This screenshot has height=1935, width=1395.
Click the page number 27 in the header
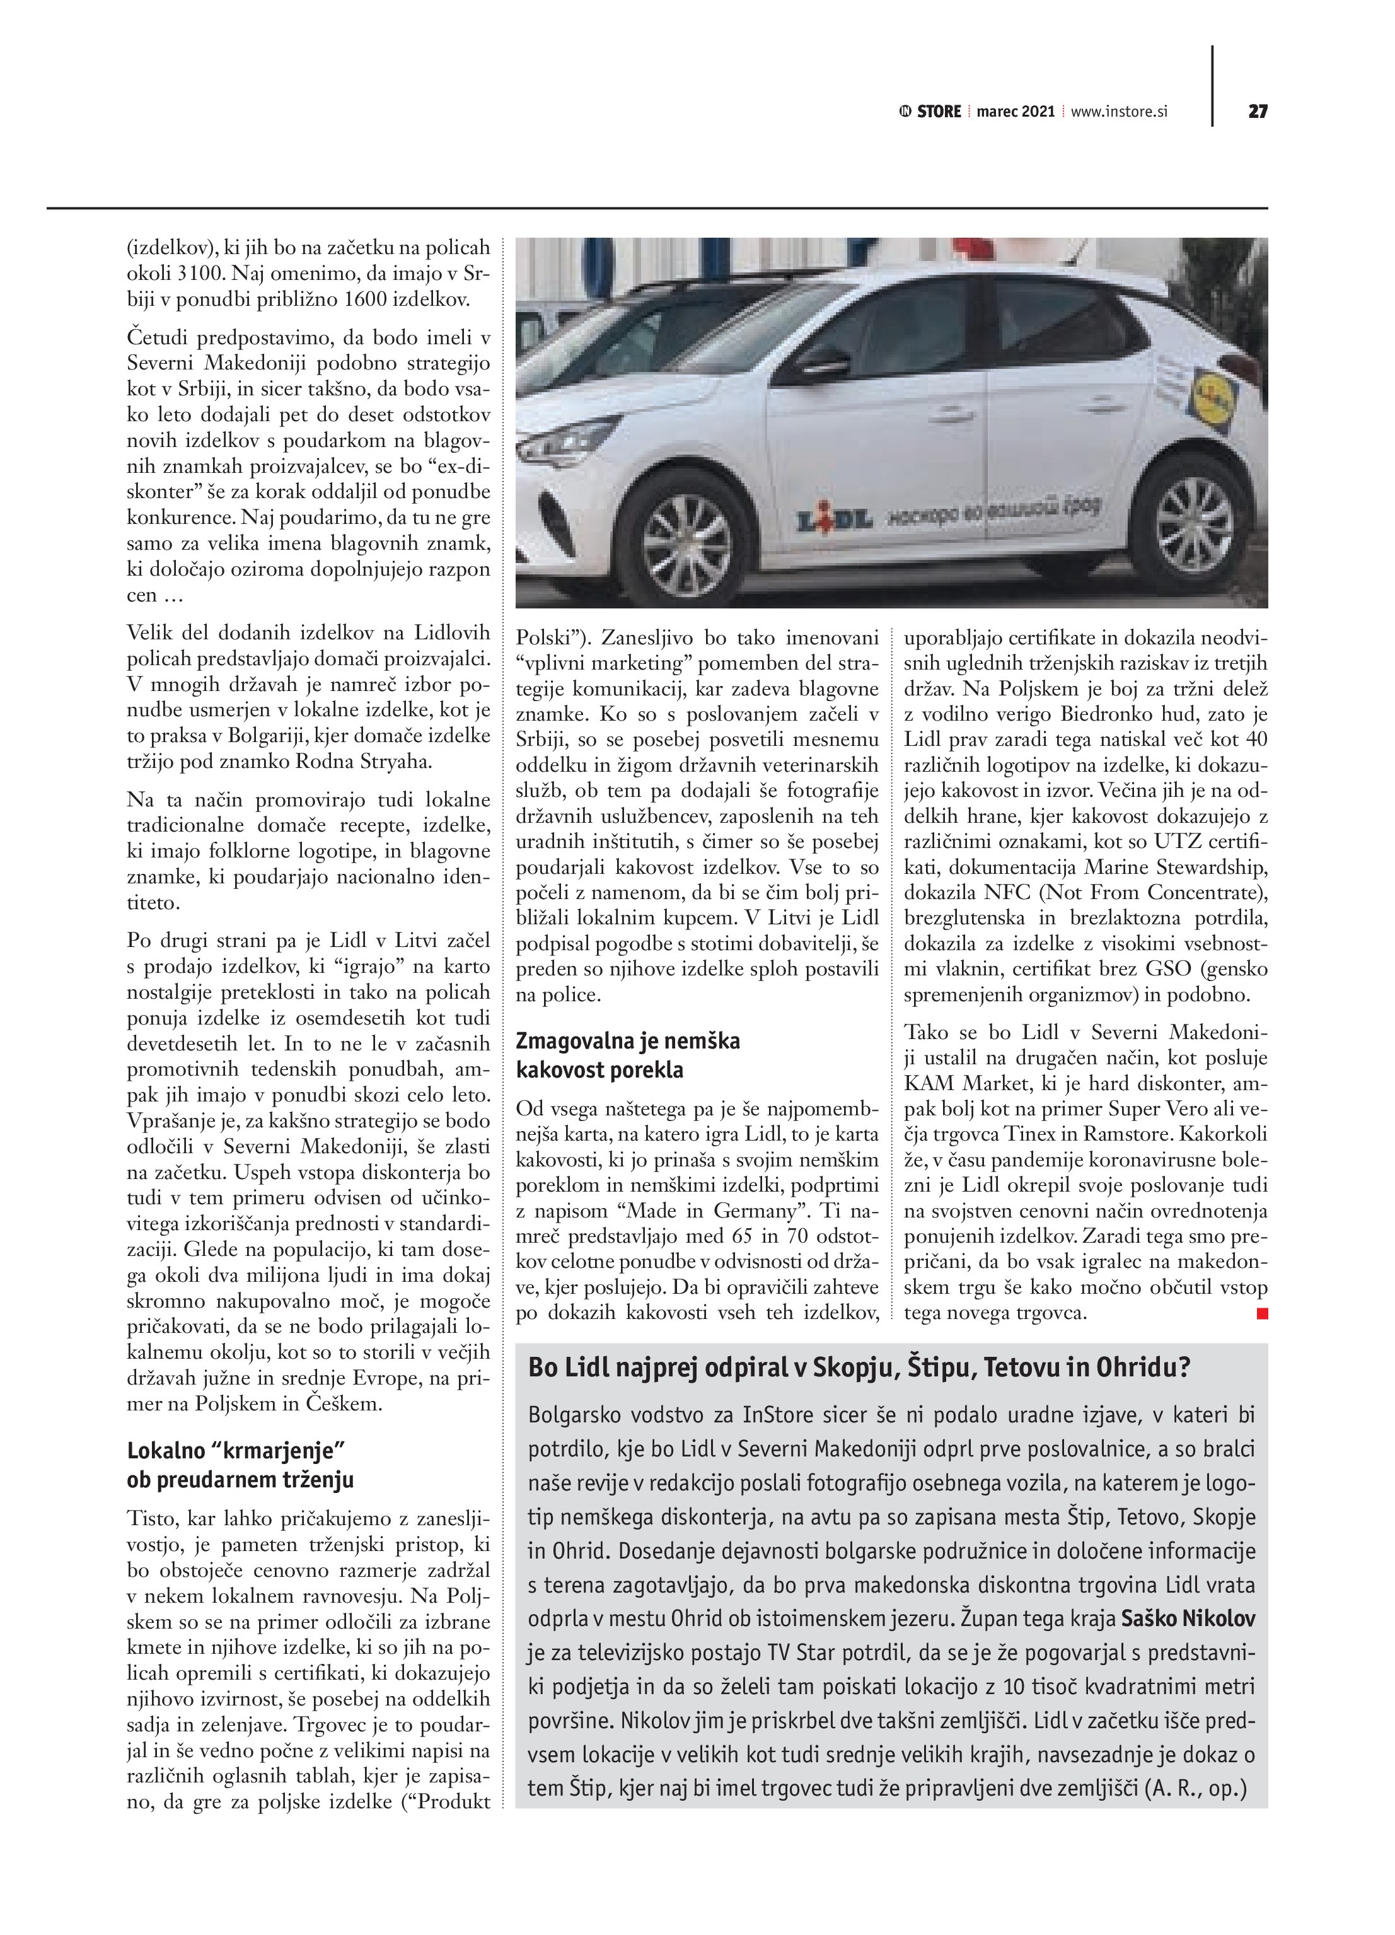coord(1257,112)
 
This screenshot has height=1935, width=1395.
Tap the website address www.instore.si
coord(1118,112)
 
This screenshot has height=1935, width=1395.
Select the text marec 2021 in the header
coord(1016,112)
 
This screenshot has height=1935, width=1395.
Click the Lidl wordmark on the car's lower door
coord(833,520)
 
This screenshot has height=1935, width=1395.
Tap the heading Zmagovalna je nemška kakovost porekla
coord(628,1055)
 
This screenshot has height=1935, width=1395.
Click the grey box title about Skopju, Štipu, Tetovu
coord(859,1368)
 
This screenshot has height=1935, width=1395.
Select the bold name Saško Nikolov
coord(1188,1618)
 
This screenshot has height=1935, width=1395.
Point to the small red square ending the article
coord(1262,1314)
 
